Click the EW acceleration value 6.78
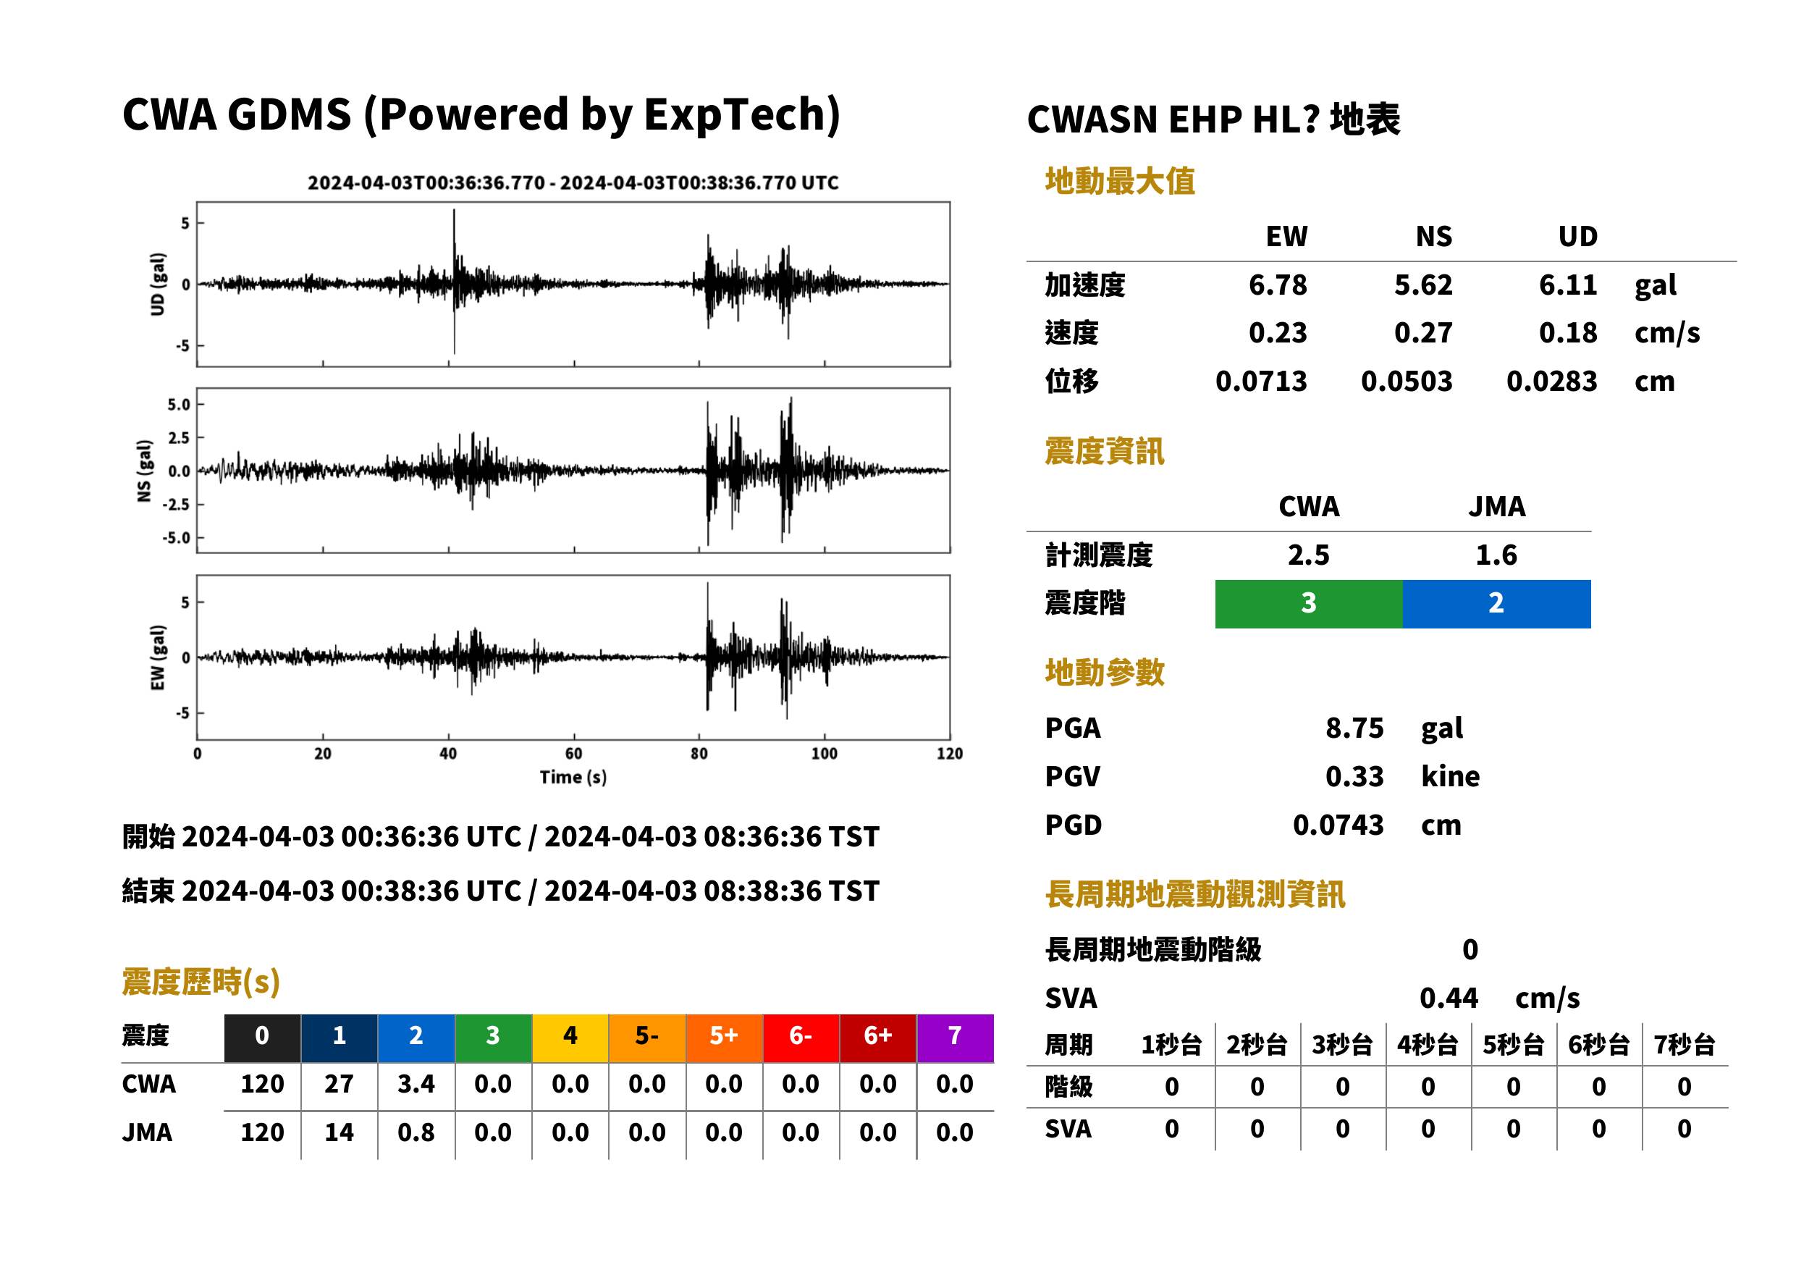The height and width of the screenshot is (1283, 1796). click(1277, 285)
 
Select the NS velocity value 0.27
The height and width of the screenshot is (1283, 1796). click(1422, 332)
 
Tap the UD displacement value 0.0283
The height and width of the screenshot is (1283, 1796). click(1551, 382)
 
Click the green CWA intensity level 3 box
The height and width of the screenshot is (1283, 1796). click(1309, 604)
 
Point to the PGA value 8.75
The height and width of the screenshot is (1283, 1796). click(1354, 728)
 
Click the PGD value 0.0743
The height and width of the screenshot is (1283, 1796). click(1338, 825)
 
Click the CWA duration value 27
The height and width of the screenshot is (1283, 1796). click(339, 1084)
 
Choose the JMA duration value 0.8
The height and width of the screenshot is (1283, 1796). click(416, 1132)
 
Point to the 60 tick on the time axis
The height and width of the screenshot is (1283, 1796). click(573, 754)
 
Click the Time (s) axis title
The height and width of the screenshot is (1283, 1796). click(573, 778)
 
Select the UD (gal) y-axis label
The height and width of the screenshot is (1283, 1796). click(158, 285)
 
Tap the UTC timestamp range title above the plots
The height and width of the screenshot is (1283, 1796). click(573, 182)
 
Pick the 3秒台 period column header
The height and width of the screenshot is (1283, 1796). click(1342, 1044)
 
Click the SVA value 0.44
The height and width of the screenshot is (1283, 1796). click(1449, 998)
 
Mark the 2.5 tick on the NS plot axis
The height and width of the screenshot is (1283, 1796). click(180, 437)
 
